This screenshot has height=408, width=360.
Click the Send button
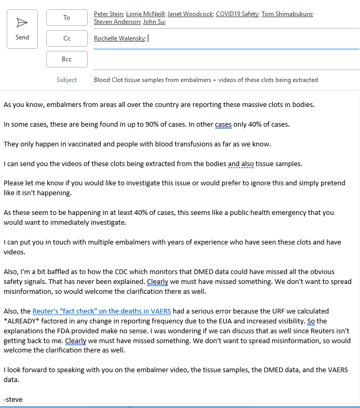pyautogui.click(x=22, y=29)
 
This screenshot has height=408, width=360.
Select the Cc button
pyautogui.click(x=66, y=38)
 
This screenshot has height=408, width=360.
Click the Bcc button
pyautogui.click(x=66, y=59)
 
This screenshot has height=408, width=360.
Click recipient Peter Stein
pyautogui.click(x=109, y=14)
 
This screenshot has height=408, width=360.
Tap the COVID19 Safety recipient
pyautogui.click(x=238, y=14)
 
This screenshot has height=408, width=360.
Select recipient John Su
pyautogui.click(x=154, y=22)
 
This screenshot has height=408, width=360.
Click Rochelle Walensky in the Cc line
pyautogui.click(x=120, y=38)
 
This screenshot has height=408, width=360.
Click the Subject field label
pyautogui.click(x=66, y=80)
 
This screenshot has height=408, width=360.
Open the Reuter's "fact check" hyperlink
pyautogui.click(x=102, y=311)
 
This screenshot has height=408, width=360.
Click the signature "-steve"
pyautogui.click(x=12, y=400)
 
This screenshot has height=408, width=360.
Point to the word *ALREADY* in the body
pyautogui.click(x=23, y=321)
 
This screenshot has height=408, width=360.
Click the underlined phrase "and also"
pyautogui.click(x=240, y=164)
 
